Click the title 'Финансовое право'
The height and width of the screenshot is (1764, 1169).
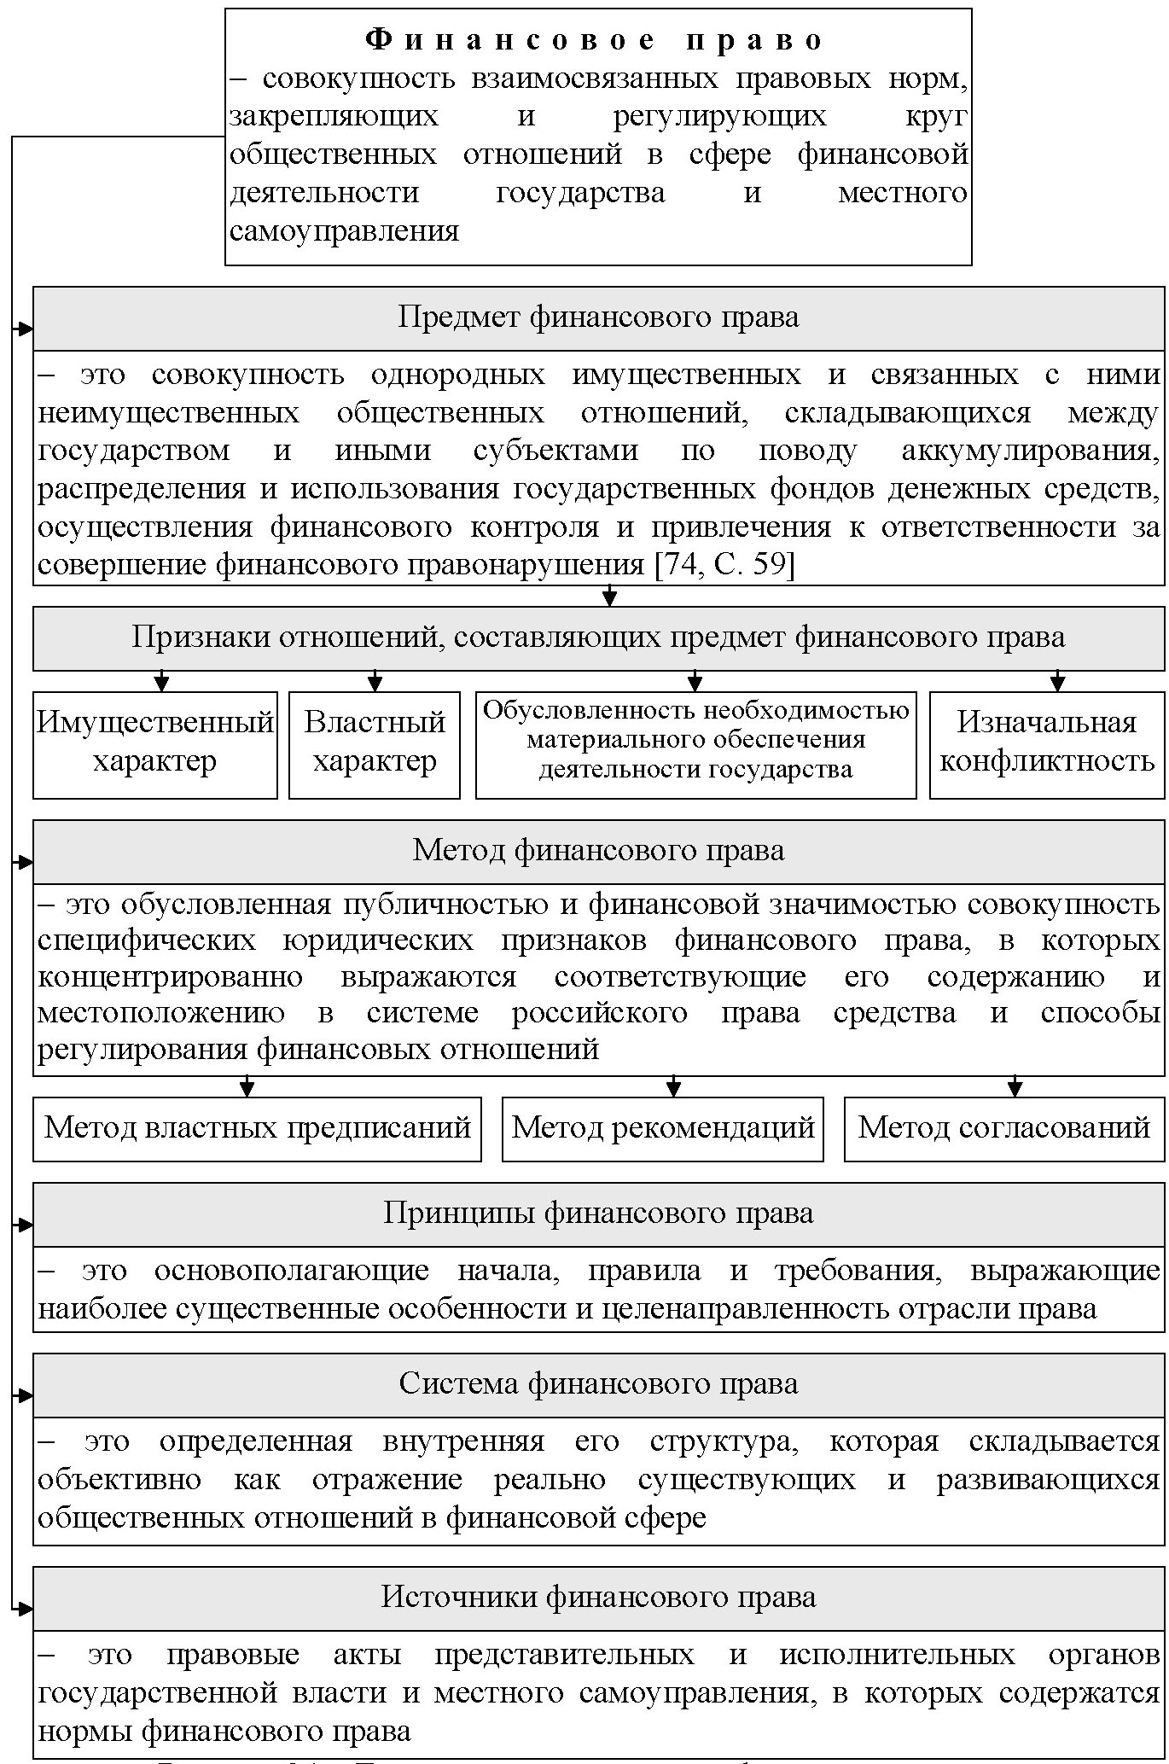(x=597, y=40)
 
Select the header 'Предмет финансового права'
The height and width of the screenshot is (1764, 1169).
(x=598, y=317)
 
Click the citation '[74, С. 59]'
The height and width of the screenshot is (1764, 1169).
(x=724, y=565)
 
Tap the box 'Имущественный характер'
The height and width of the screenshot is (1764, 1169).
(x=155, y=744)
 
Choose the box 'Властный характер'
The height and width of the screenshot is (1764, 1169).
(x=375, y=744)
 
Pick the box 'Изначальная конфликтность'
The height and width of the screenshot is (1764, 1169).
(x=1047, y=744)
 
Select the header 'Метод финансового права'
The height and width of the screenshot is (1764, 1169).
(x=598, y=851)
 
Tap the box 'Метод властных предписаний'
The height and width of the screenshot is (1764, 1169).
(x=257, y=1128)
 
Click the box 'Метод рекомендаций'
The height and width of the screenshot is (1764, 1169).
(x=663, y=1128)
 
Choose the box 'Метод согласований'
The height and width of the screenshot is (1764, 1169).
(x=1004, y=1128)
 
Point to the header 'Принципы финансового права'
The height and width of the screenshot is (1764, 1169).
(x=598, y=1214)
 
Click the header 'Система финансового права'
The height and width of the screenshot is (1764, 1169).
(x=598, y=1384)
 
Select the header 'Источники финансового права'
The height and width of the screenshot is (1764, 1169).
(x=598, y=1598)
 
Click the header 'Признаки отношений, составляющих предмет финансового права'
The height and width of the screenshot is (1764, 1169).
(x=598, y=637)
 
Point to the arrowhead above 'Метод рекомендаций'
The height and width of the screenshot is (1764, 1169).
(x=673, y=1089)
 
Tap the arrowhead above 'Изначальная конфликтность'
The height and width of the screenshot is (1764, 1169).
(x=1058, y=683)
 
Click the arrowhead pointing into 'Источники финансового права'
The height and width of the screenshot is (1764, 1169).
(x=26, y=1609)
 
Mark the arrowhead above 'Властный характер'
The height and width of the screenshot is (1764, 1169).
(x=375, y=683)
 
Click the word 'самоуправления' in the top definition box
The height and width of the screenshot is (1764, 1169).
(x=345, y=231)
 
